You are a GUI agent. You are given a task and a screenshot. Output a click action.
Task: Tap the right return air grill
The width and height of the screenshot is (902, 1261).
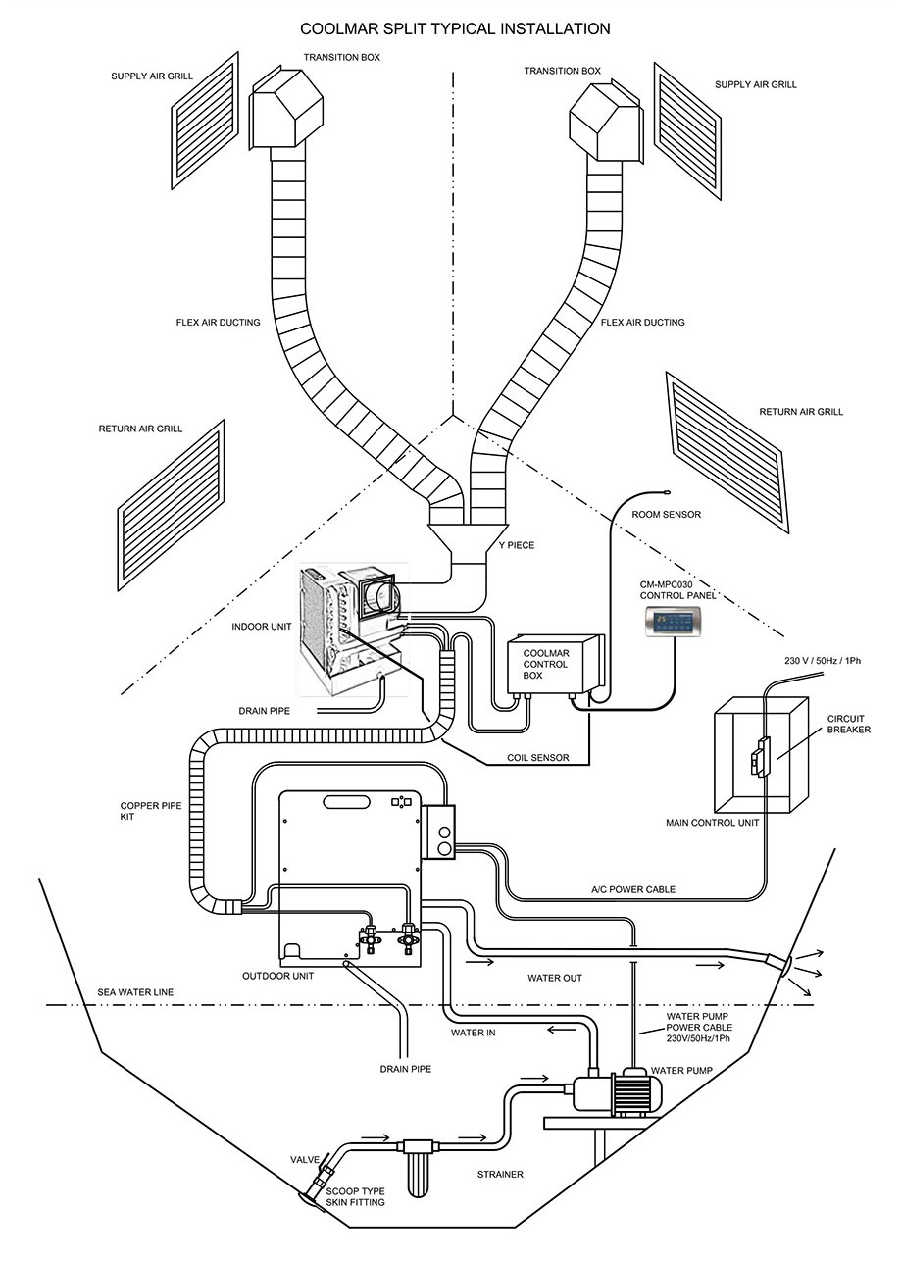727,451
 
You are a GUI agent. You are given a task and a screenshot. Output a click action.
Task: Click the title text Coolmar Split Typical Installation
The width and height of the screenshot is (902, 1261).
455,29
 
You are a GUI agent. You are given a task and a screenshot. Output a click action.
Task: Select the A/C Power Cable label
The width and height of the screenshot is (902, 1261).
632,889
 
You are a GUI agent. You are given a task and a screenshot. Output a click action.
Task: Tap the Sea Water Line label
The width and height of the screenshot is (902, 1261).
135,992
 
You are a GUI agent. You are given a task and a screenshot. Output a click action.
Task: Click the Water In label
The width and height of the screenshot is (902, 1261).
474,1032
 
